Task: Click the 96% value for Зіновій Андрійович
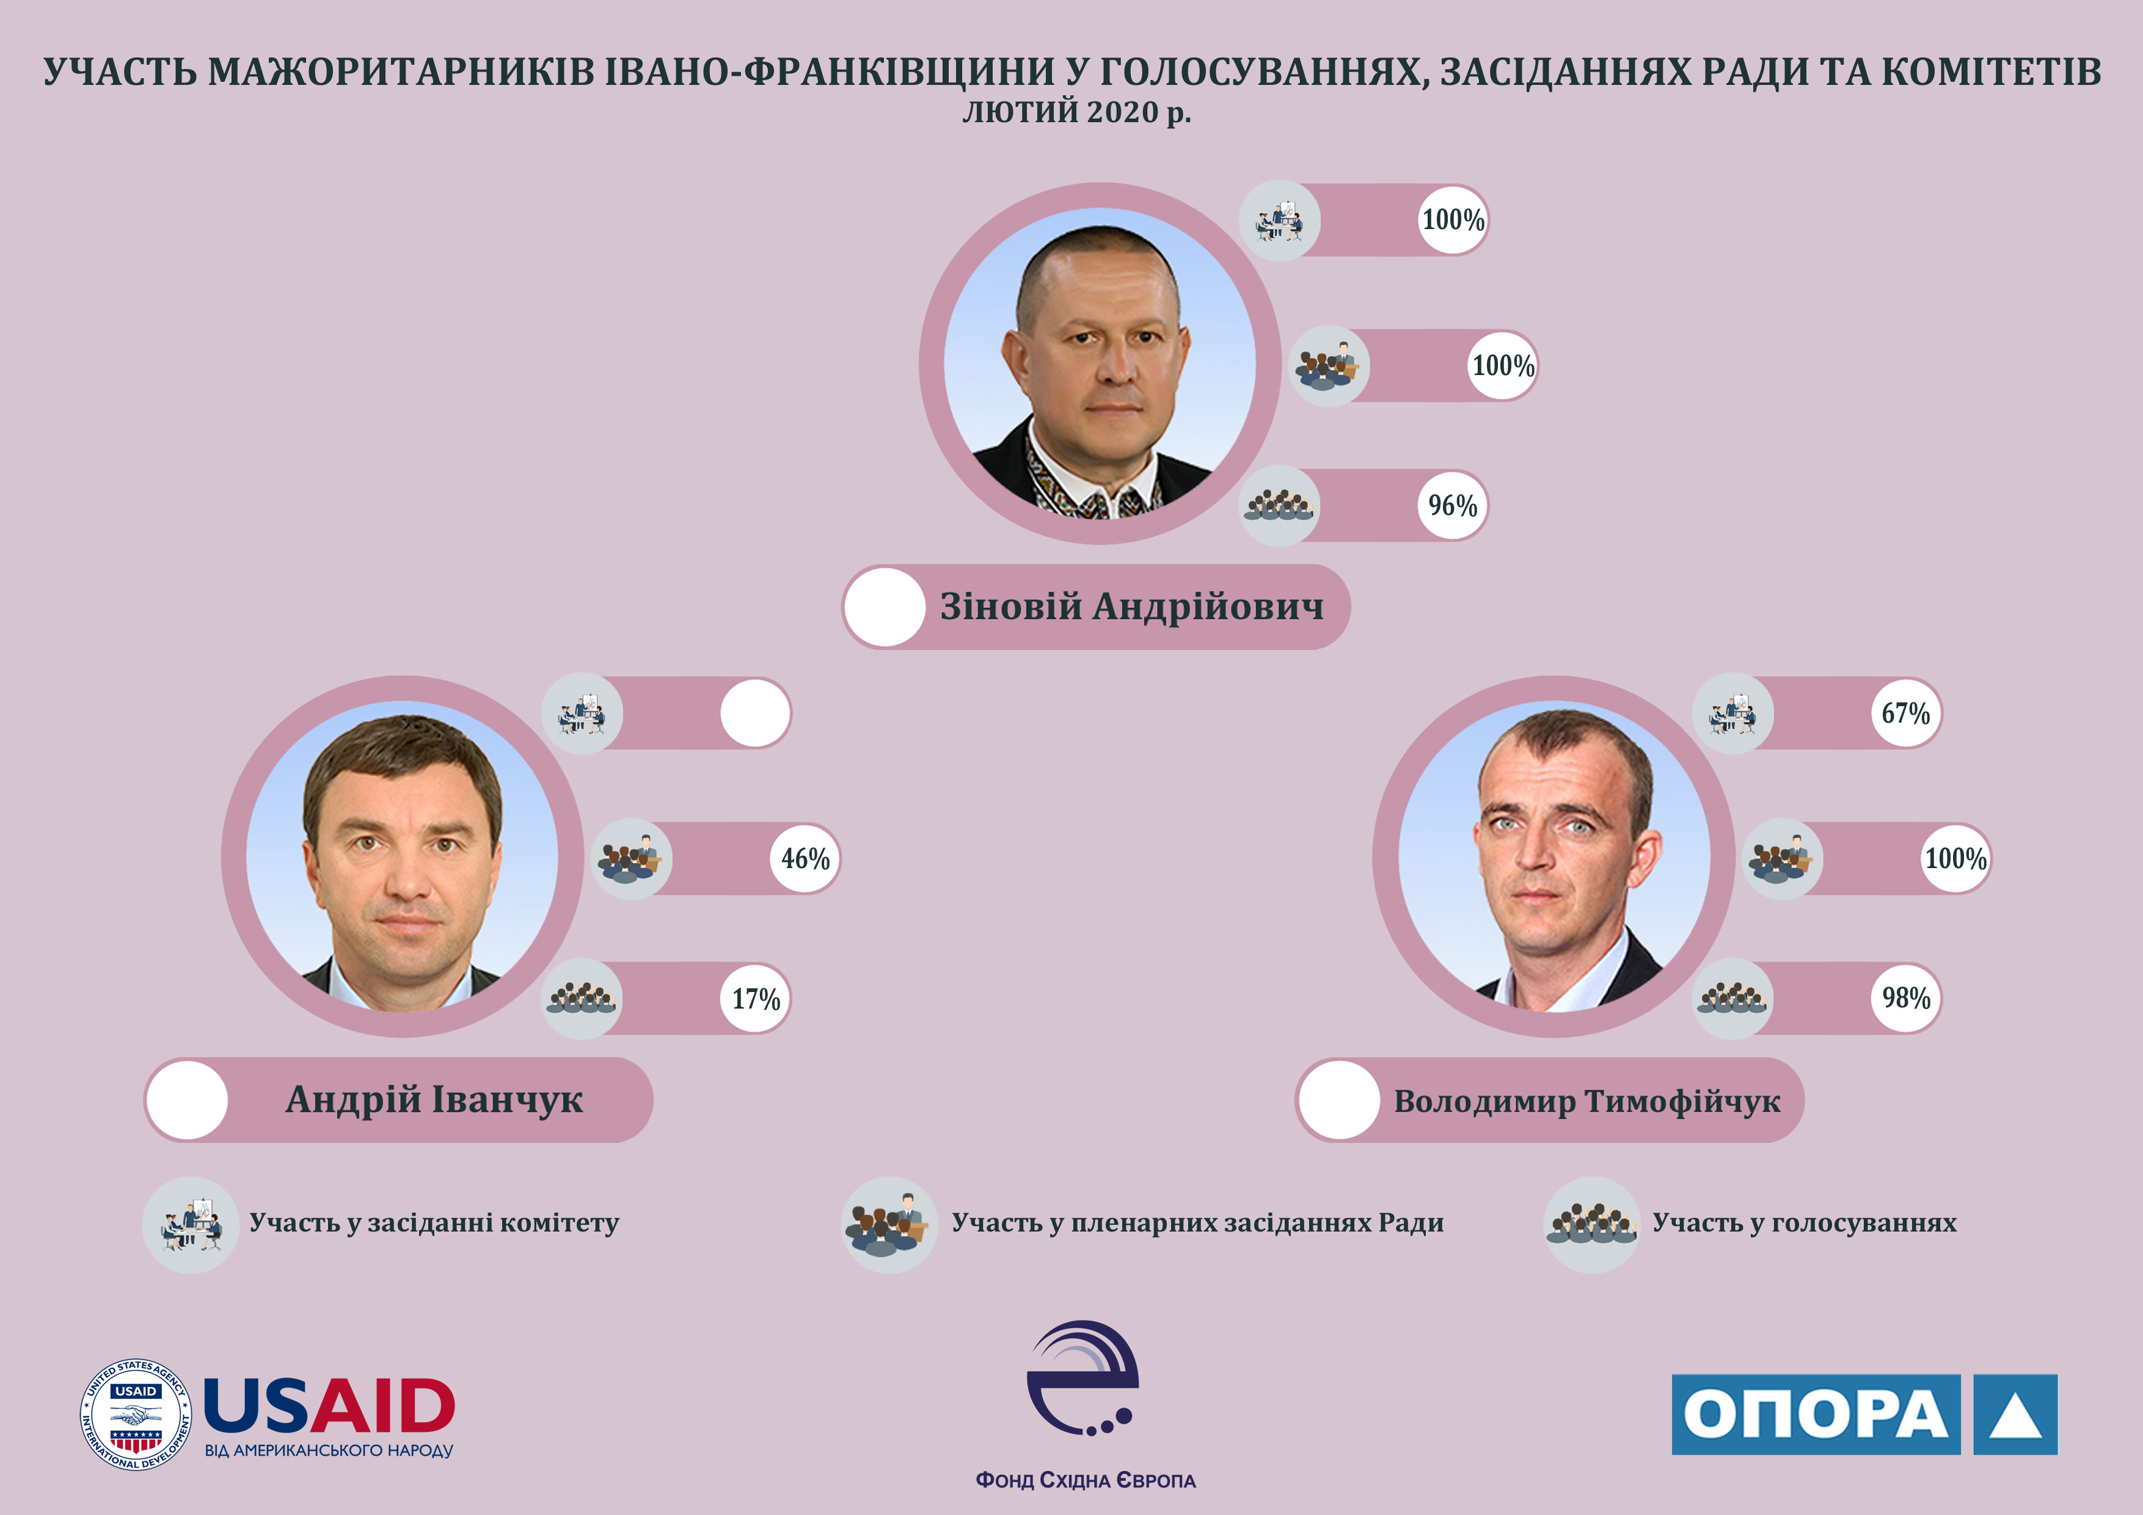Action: click(1452, 506)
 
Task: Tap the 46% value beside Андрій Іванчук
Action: click(806, 859)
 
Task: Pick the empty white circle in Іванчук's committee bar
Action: click(755, 713)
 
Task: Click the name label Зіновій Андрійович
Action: click(1131, 607)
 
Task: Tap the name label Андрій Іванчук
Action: click(434, 1100)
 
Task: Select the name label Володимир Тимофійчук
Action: click(1586, 1101)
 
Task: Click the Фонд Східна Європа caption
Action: click(1086, 1480)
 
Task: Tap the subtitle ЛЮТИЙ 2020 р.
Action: click(1077, 112)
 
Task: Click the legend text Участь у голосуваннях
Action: click(1804, 1223)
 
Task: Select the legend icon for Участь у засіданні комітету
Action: click(191, 1225)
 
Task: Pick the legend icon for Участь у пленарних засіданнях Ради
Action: click(889, 1225)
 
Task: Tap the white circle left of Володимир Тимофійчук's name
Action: click(1339, 1100)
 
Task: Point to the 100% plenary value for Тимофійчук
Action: click(1956, 859)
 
